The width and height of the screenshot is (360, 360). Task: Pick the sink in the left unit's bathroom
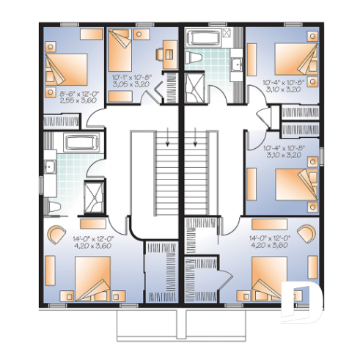[50, 168]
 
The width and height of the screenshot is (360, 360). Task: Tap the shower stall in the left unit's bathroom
[95, 191]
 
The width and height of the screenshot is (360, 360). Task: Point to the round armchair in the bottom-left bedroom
[56, 233]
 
